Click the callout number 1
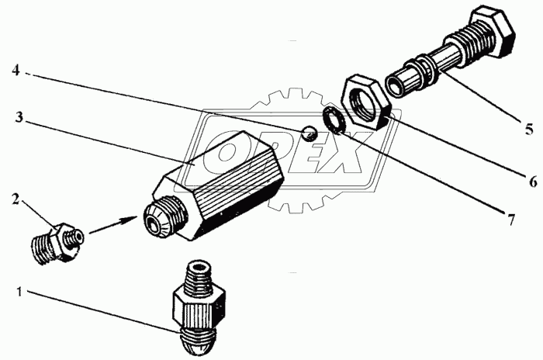point(19,292)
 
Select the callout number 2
point(16,199)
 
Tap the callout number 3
point(19,117)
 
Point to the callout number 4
point(16,71)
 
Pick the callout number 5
point(529,130)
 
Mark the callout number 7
point(511,220)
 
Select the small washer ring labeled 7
point(333,120)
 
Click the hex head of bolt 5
point(493,33)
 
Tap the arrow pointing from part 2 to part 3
point(113,225)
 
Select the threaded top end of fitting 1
point(199,275)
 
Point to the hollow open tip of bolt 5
point(396,85)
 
